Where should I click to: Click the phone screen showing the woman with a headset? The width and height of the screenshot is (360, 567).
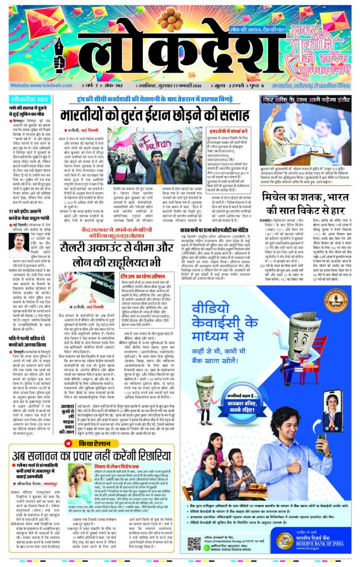click(333, 403)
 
